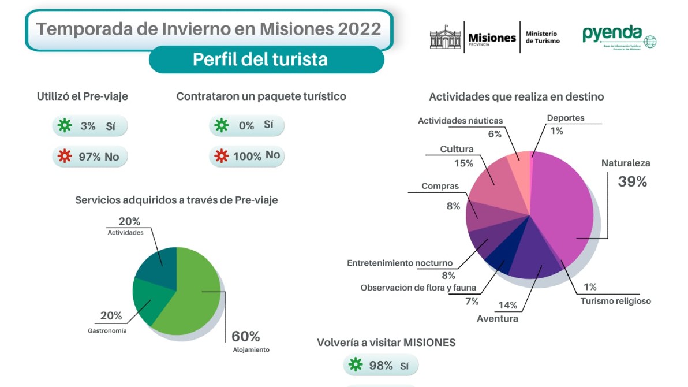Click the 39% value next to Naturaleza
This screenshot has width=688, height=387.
(x=632, y=181)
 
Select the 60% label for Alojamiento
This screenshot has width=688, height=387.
(x=245, y=336)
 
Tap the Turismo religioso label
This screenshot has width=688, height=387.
(x=615, y=301)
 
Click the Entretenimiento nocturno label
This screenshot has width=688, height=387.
(x=399, y=263)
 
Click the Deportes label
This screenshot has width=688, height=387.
(x=566, y=118)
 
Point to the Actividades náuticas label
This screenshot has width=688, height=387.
(x=460, y=121)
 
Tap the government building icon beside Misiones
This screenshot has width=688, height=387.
(x=446, y=37)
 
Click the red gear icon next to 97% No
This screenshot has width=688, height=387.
(x=65, y=157)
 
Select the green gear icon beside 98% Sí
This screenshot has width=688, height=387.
(x=356, y=365)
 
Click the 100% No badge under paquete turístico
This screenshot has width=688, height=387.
(x=247, y=156)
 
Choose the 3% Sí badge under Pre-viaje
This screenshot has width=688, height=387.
(x=89, y=126)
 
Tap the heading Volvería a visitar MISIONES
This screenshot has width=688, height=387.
(x=386, y=343)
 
